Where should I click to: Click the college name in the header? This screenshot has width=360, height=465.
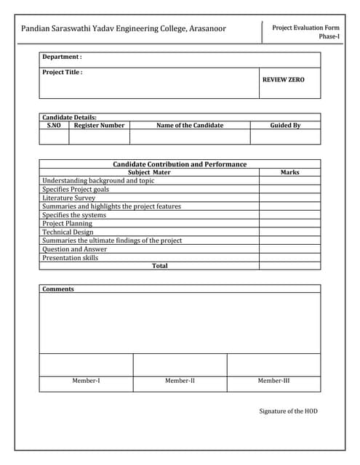pos(123,29)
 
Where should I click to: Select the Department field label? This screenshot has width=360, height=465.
pos(62,57)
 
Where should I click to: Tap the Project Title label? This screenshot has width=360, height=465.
pos(63,72)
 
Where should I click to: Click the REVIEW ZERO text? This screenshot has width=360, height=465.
pos(283,79)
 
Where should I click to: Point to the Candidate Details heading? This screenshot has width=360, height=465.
pos(69,117)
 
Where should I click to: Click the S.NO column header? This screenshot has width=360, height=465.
pos(54,125)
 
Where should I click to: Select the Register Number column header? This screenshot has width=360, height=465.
pos(99,125)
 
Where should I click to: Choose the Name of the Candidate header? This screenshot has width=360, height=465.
pos(190,125)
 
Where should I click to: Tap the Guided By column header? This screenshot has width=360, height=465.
pos(285,125)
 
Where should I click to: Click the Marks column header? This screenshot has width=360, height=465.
pos(289,172)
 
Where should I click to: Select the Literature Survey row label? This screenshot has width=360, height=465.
pos(68,198)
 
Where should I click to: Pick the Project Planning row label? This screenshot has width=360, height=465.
pos(67,223)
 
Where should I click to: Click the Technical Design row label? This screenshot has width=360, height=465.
pos(68,232)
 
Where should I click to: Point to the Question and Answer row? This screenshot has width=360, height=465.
pos(74,249)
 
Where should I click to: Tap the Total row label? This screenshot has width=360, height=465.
pos(160,266)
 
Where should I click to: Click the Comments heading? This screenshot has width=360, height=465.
pos(58,289)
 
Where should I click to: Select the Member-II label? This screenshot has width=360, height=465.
pos(180,381)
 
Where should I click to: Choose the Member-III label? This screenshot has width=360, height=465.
pos(273,381)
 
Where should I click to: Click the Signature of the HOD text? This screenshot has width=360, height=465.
pos(288,411)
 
